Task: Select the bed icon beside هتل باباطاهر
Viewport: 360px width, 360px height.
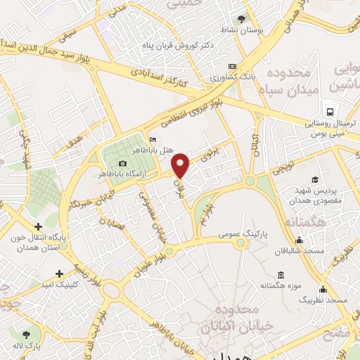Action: pos(153,139)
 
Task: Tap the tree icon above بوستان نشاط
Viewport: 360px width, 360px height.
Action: pos(243,19)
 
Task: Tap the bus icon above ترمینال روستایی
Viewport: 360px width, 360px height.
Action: pos(328,110)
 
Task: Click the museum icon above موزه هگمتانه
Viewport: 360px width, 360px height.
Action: pos(281,274)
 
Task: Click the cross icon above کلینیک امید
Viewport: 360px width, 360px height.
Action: pos(59,273)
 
